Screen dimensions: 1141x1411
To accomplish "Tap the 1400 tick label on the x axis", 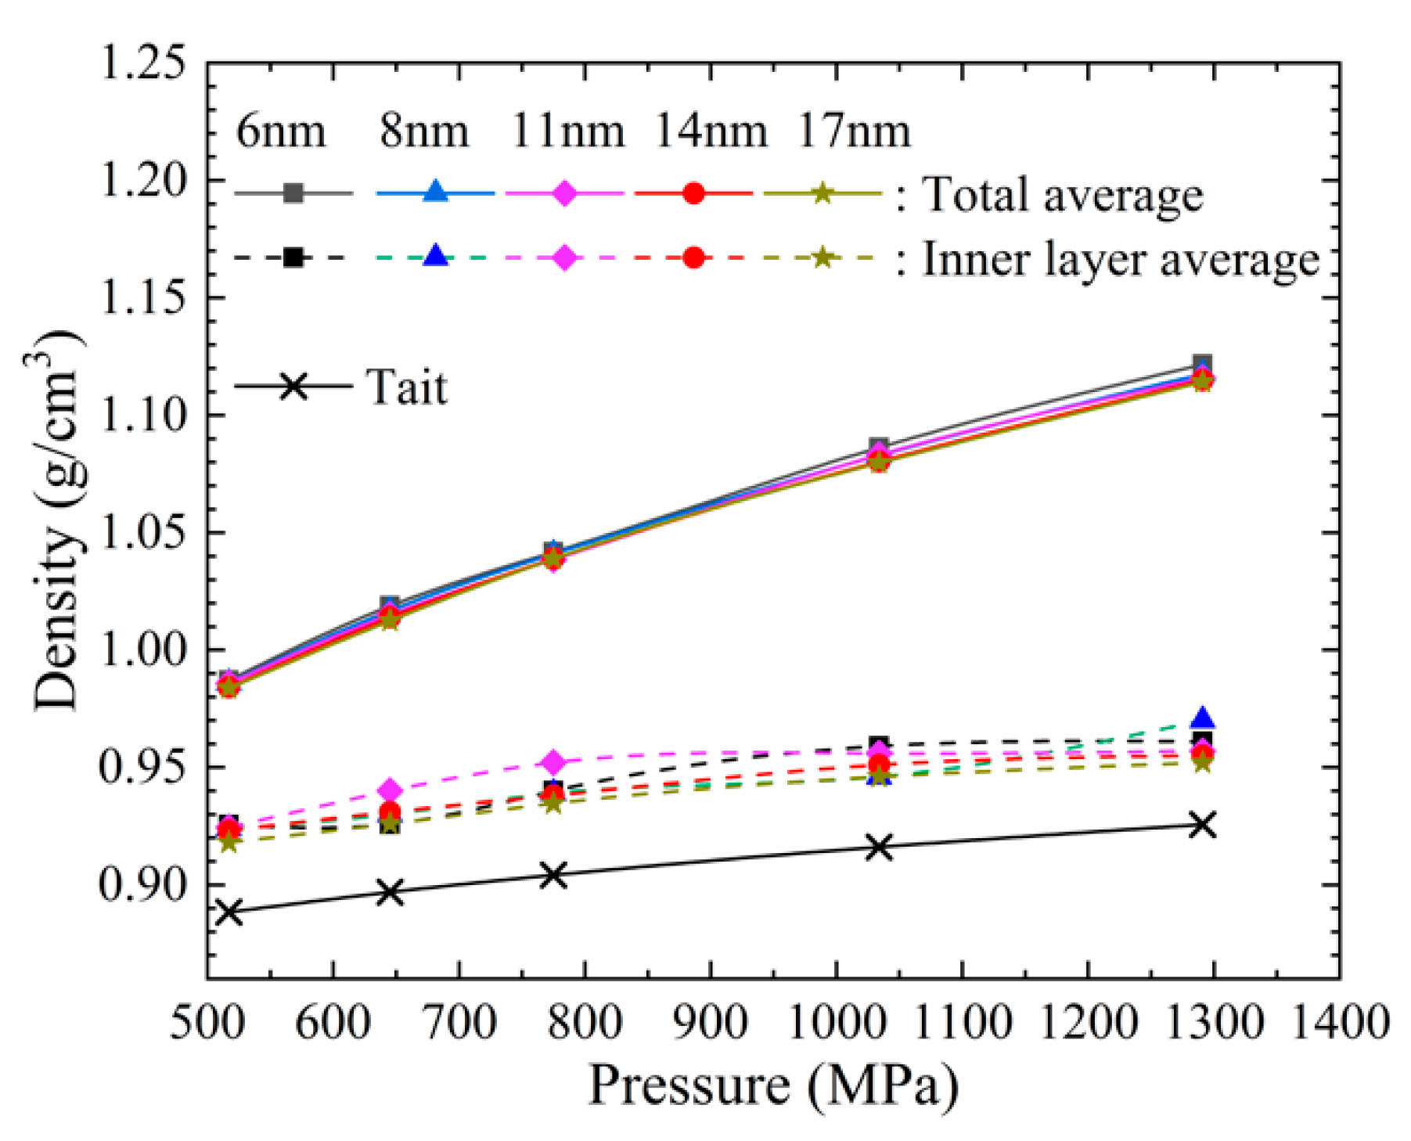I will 1339,1022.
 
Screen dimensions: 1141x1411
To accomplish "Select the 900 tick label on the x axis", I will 710,1022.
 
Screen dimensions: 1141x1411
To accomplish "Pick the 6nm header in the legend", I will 281,131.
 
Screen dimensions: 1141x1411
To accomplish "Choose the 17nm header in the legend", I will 854,131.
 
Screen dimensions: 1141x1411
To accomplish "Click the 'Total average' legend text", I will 1064,194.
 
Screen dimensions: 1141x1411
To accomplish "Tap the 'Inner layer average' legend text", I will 1121,259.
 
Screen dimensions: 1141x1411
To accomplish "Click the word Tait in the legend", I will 407,387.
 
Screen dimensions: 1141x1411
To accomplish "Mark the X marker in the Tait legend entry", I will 293,386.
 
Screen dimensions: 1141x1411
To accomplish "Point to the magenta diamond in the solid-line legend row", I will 564,193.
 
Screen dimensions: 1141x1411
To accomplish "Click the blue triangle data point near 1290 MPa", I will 1203,718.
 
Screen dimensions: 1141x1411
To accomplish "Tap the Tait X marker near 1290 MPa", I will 1203,825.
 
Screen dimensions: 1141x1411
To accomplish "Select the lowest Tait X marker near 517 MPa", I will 229,912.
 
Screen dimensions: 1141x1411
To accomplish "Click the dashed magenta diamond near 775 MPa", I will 554,761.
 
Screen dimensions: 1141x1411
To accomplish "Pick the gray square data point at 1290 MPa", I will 1203,363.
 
